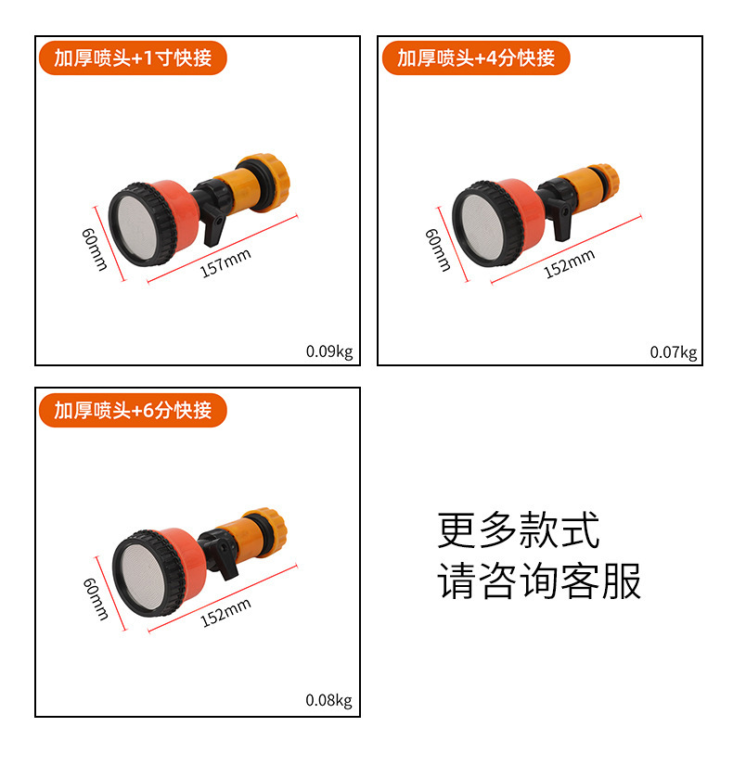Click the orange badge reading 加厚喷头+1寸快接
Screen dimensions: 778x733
(132, 58)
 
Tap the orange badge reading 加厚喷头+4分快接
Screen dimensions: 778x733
(475, 58)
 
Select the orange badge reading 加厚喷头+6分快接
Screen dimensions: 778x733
(132, 410)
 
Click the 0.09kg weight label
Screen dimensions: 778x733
(329, 351)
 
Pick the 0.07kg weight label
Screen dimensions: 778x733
(673, 351)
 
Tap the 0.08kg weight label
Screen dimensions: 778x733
(329, 701)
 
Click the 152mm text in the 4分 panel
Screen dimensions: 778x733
(569, 263)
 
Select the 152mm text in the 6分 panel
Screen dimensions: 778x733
(225, 613)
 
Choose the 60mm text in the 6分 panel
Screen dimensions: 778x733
(96, 599)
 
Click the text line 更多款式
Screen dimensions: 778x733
(518, 530)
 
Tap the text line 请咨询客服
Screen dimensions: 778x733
(539, 581)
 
